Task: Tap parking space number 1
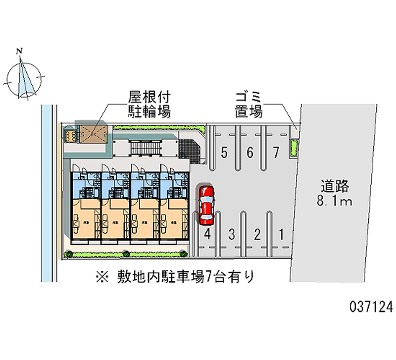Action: pos(281,234)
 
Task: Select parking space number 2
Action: pos(256,234)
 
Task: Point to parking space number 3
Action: pos(231,234)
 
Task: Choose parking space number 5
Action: pos(224,153)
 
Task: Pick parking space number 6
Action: pos(250,153)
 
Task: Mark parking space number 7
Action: pos(276,153)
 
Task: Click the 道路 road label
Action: pos(335,187)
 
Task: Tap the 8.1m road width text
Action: pos(335,201)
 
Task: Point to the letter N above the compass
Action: pos(20,51)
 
